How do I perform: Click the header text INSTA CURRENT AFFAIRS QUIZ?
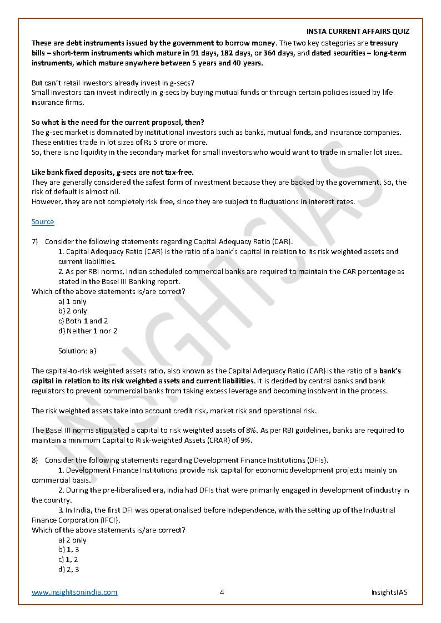coord(358,32)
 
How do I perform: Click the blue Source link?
coord(43,222)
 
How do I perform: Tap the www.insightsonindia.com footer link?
coord(74,592)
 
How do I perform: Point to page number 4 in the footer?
coord(222,592)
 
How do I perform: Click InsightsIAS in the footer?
coord(389,592)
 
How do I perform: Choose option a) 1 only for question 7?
coord(72,301)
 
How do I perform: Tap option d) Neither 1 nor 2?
coord(88,331)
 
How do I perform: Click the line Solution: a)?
coord(77,351)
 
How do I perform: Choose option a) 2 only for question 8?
coord(72,540)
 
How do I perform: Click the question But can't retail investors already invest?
coord(112,83)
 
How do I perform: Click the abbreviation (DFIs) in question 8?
coord(317,460)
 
